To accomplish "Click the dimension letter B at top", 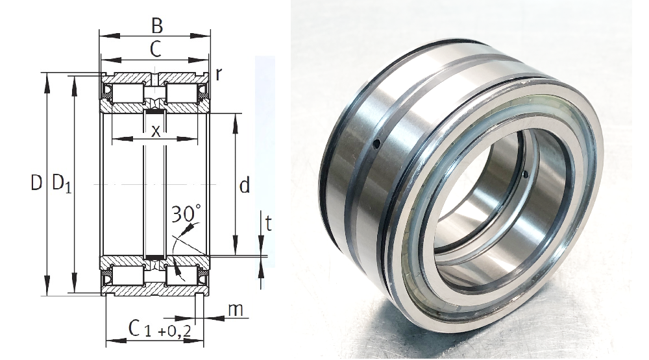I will click(156, 26).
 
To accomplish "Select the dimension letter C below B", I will click(155, 50).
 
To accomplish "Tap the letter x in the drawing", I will click(155, 130).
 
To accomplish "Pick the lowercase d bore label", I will click(244, 186).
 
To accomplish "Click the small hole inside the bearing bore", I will click(524, 174).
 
